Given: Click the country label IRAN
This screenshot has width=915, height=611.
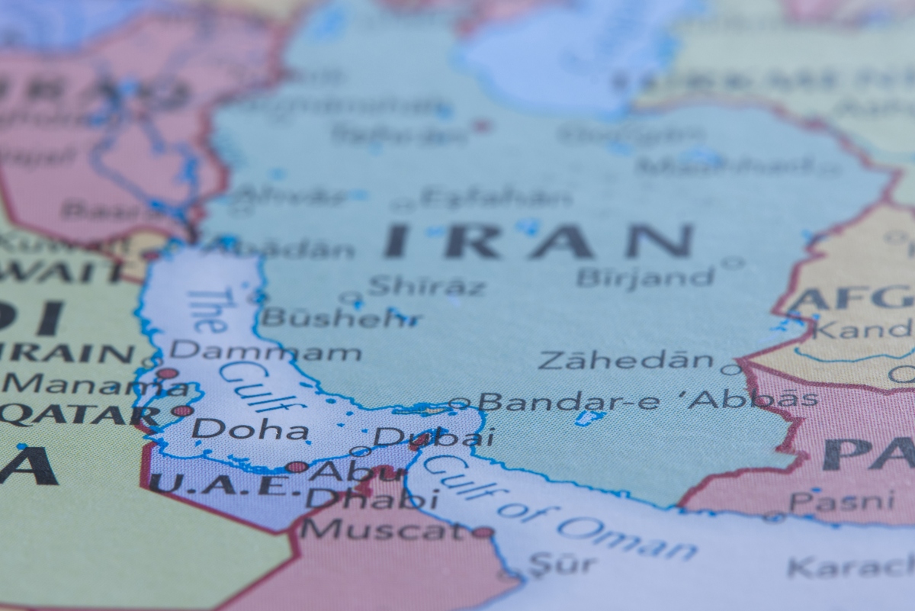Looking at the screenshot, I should (538, 240).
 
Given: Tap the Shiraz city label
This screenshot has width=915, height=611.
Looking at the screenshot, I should (426, 287).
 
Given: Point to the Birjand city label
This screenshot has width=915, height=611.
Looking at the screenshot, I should (646, 276).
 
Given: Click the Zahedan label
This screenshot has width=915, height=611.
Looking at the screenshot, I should (626, 360).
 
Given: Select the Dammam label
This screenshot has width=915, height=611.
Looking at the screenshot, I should (265, 352).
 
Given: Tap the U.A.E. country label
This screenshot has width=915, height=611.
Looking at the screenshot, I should (218, 484).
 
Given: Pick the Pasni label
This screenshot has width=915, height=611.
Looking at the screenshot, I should (842, 501).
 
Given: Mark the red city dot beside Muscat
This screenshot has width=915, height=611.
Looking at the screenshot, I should (482, 532).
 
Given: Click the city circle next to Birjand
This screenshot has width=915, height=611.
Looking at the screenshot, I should (732, 263).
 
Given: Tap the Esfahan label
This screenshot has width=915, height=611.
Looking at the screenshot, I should (496, 198).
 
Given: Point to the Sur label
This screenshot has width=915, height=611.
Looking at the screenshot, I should (562, 564).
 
